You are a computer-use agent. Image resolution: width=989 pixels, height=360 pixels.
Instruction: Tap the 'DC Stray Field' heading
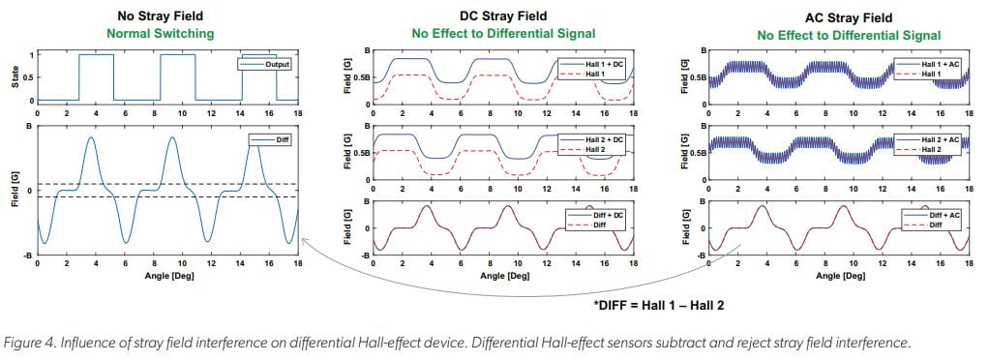click(x=502, y=16)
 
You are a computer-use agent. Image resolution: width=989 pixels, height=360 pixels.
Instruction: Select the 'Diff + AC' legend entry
click(x=944, y=213)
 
